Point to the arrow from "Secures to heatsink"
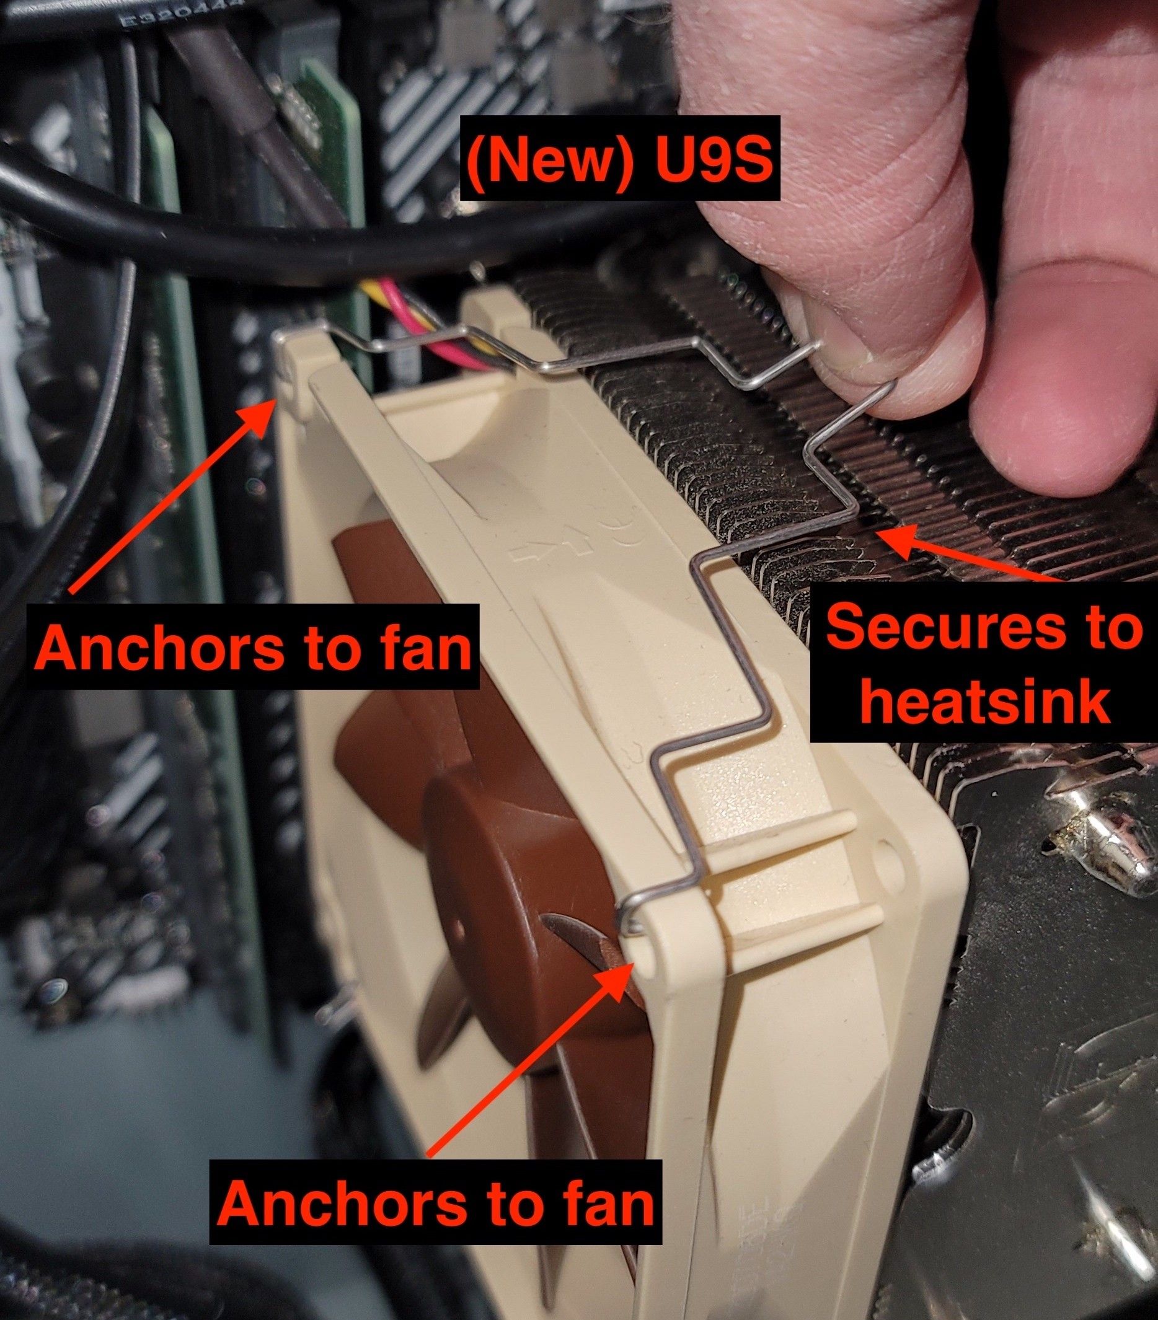click(969, 548)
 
